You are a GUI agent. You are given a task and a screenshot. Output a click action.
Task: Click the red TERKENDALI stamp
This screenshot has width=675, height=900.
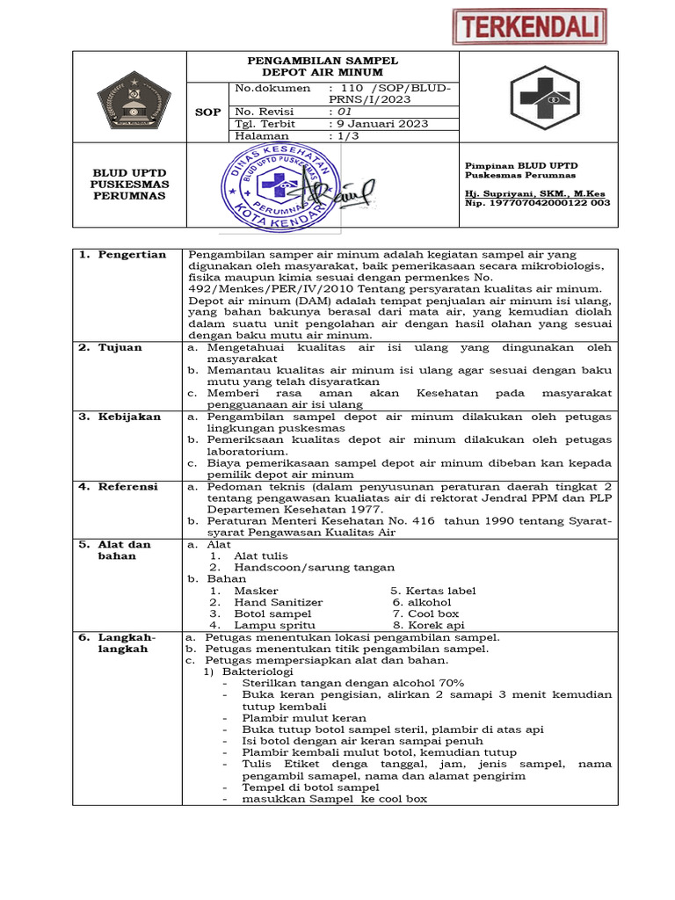(x=529, y=26)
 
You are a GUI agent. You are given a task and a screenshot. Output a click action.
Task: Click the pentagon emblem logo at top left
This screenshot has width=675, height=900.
(x=129, y=97)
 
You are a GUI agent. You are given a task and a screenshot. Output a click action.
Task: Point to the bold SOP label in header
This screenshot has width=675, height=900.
(x=207, y=112)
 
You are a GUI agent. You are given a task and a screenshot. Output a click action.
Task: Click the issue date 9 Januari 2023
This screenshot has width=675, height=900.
(x=378, y=124)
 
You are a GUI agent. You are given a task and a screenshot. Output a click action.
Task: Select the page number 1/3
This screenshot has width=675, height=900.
(x=345, y=136)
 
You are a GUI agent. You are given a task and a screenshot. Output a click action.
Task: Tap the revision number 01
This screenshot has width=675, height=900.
(x=339, y=112)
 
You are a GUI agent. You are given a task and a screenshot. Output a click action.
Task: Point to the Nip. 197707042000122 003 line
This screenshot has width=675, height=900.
(x=537, y=203)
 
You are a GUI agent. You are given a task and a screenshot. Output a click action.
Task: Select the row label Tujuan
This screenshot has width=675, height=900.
(x=120, y=347)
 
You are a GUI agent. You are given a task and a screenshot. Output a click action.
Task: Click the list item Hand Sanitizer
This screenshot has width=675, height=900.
(x=278, y=602)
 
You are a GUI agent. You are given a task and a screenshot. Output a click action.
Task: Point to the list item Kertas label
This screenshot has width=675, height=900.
(x=432, y=591)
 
